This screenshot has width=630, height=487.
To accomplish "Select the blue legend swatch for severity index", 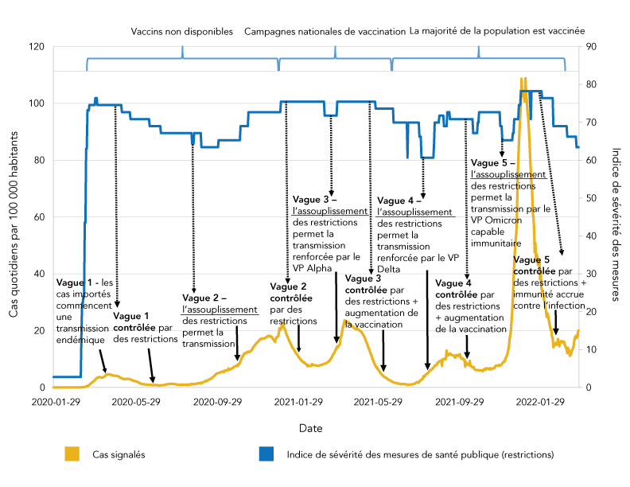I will (266, 454).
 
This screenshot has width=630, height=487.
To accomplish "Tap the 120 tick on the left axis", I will (36, 47).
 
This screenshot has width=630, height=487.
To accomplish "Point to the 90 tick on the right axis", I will (593, 47).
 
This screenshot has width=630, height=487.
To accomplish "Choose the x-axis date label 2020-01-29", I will (52, 403).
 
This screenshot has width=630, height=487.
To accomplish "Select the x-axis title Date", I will (310, 428).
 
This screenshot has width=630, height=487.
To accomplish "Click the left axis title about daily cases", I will (14, 216).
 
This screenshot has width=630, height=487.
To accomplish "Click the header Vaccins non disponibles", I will (182, 32).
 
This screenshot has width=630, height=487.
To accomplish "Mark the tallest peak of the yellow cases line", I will (523, 78).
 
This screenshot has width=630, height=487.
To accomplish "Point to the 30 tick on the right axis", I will (593, 274).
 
